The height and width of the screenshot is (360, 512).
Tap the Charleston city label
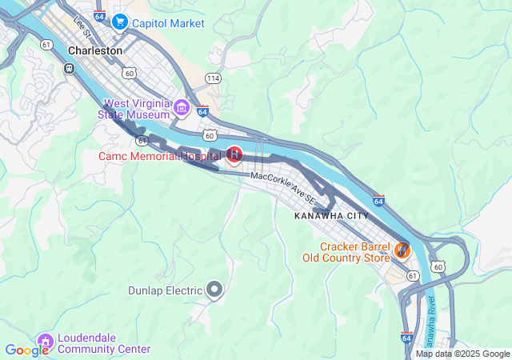click(95, 50)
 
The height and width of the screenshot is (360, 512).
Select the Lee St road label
click(82, 25)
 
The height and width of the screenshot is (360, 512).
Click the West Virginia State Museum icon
click(182, 108)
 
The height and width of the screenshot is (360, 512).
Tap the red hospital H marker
click(234, 154)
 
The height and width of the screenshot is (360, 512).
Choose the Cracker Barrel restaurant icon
click(402, 251)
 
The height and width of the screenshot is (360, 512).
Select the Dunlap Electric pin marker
click(214, 290)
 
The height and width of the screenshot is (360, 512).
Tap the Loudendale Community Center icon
click(46, 343)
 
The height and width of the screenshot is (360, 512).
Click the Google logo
click(26, 350)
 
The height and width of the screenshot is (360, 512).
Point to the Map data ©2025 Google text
click(462, 354)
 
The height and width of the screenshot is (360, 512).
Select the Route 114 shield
click(213, 78)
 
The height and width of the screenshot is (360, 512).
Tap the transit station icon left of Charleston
click(70, 69)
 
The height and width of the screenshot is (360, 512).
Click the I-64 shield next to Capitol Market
click(98, 16)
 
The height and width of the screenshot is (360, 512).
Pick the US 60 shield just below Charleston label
click(129, 73)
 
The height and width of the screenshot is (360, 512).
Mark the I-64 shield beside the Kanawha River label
click(407, 338)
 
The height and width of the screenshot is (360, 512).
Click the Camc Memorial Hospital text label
click(160, 155)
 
